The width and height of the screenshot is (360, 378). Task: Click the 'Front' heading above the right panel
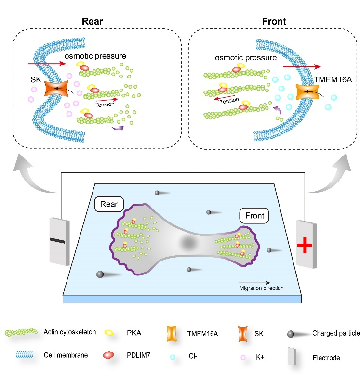coord(274,22)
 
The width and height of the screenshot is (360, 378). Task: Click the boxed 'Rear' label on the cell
coord(110,203)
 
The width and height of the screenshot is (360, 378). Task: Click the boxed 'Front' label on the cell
coord(253,216)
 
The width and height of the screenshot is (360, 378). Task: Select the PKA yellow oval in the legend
coord(109,332)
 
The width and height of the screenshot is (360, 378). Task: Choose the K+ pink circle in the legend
coord(243,357)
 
